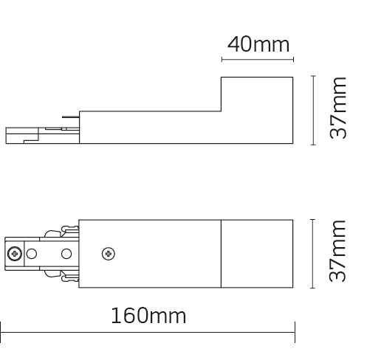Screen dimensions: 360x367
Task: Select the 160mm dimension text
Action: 148,317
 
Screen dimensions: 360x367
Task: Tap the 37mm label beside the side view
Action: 339,108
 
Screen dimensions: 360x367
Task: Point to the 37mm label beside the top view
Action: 339,253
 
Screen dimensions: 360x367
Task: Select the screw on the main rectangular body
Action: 109,254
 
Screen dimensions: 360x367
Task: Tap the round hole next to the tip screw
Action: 31,254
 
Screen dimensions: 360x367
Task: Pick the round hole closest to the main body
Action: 66,254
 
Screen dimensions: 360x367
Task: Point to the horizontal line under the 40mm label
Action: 258,60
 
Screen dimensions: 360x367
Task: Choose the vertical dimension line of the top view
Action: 314,253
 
